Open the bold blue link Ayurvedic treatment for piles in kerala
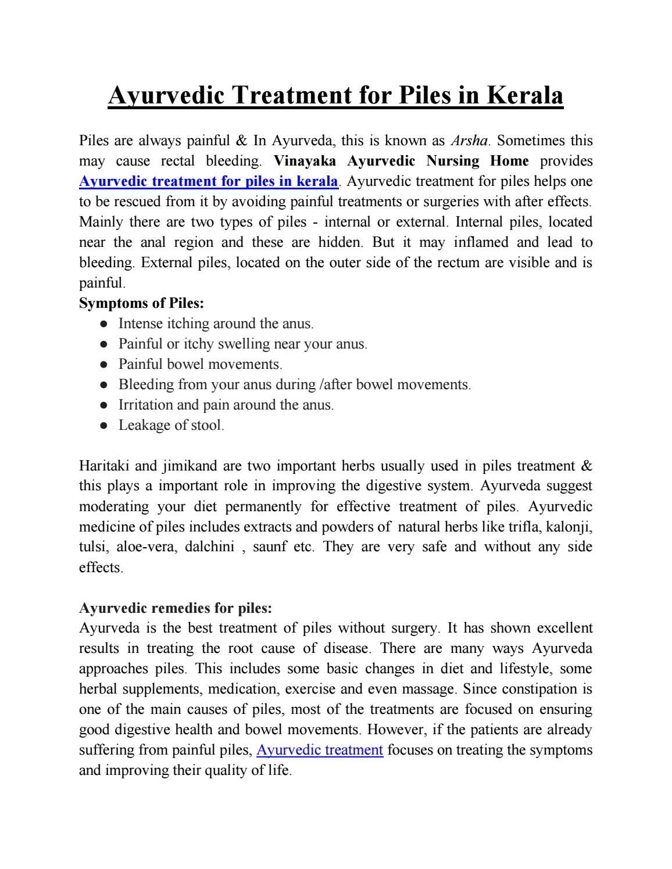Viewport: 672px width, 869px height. (208, 181)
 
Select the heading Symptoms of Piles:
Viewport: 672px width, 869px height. (141, 303)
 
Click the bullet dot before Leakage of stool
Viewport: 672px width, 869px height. (103, 426)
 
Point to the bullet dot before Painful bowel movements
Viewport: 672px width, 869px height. (103, 365)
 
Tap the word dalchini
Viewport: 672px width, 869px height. (209, 547)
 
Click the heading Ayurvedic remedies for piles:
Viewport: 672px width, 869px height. (175, 608)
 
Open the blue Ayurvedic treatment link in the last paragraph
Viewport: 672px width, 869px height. (319, 750)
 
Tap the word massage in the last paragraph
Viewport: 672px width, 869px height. (430, 689)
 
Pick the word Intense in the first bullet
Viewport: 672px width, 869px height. (141, 324)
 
